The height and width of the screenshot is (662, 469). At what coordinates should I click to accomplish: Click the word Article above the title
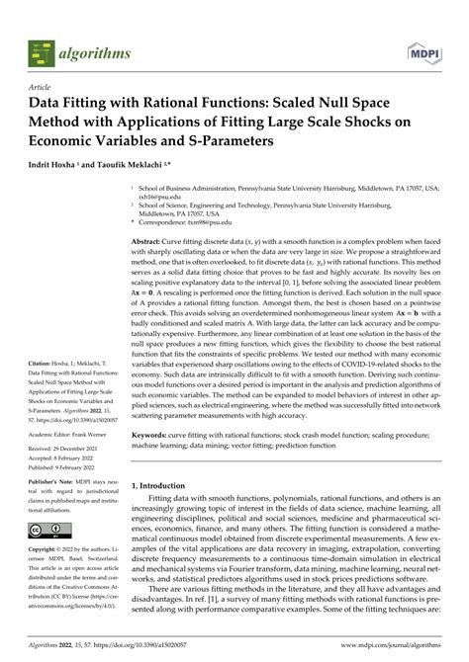pos(44,87)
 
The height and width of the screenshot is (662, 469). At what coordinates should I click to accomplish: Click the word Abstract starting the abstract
pos(149,242)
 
